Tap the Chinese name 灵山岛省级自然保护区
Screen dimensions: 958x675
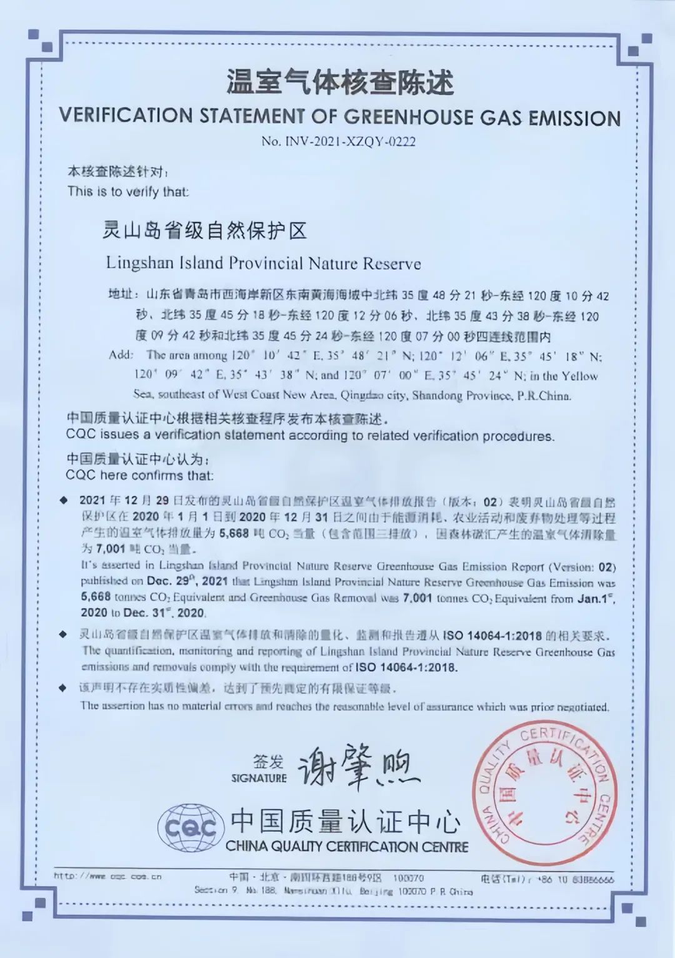(205, 231)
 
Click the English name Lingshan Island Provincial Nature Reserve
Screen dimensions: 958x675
(263, 263)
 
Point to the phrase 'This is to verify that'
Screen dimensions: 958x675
(128, 191)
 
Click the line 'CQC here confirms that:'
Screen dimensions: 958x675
(139, 476)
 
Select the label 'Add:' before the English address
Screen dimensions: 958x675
(121, 355)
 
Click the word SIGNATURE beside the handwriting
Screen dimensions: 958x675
(259, 778)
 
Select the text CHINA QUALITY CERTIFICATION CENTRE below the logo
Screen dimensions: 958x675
(347, 847)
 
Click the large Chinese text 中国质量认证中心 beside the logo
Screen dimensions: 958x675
(346, 821)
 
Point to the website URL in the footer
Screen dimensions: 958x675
(107, 877)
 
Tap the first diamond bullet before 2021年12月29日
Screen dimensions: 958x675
(63, 501)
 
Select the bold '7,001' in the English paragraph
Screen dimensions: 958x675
(417, 598)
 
